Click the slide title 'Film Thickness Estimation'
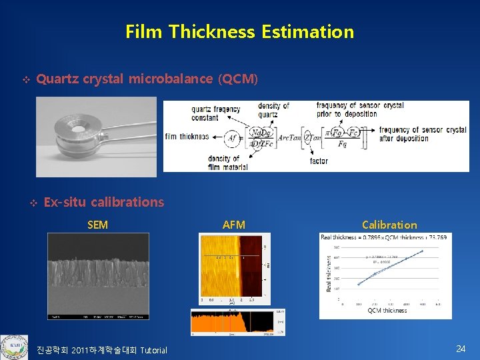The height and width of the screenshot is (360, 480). [239, 31]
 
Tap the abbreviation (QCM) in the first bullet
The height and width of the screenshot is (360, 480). [237, 79]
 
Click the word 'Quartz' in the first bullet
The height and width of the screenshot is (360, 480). [57, 79]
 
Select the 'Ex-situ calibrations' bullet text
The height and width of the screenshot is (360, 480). [103, 202]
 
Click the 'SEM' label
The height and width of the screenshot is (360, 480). [97, 225]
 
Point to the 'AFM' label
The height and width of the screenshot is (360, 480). [233, 225]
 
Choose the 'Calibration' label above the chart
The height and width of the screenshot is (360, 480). [389, 225]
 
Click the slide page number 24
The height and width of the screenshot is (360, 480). [460, 349]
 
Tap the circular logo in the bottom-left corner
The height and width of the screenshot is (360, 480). [14, 347]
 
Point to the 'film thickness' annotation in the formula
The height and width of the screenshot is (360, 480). [187, 137]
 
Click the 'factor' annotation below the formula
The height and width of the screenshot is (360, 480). [319, 161]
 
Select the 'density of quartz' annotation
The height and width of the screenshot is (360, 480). [273, 110]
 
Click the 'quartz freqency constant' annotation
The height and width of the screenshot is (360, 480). [215, 114]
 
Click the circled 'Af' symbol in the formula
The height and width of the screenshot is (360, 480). [231, 137]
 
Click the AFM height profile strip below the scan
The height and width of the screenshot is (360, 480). [229, 321]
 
